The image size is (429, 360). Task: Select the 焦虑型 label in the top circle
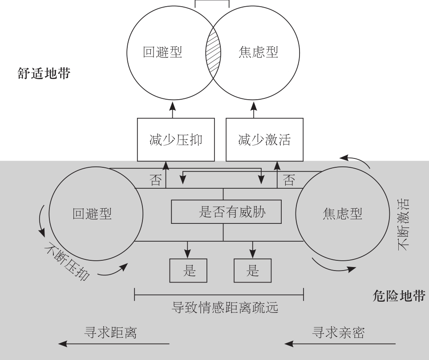click(258, 53)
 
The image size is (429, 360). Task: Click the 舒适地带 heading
click(44, 73)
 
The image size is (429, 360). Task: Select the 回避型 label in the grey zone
click(92, 214)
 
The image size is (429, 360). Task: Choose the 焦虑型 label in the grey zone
click(342, 214)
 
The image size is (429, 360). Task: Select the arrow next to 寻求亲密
click(340, 344)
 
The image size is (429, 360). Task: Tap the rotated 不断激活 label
click(404, 225)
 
